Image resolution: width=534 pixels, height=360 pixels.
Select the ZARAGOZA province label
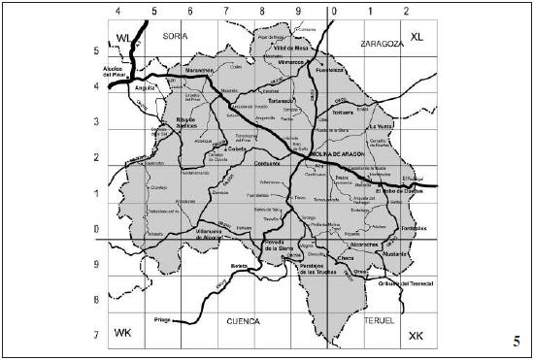pos(381,45)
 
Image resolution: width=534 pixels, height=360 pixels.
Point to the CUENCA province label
pos(242,318)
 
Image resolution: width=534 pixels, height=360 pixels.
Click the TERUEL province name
pos(379,318)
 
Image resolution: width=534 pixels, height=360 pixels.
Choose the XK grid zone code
pos(417,335)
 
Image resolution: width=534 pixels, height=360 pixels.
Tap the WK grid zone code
pos(122,333)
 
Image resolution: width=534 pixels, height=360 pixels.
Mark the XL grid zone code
pos(417,37)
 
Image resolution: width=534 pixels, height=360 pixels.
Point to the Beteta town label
pos(240,265)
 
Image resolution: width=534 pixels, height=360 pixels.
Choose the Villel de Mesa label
pos(290,47)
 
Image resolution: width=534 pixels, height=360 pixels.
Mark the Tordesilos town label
pos(415,229)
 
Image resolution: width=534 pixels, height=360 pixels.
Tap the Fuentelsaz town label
pos(331,70)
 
